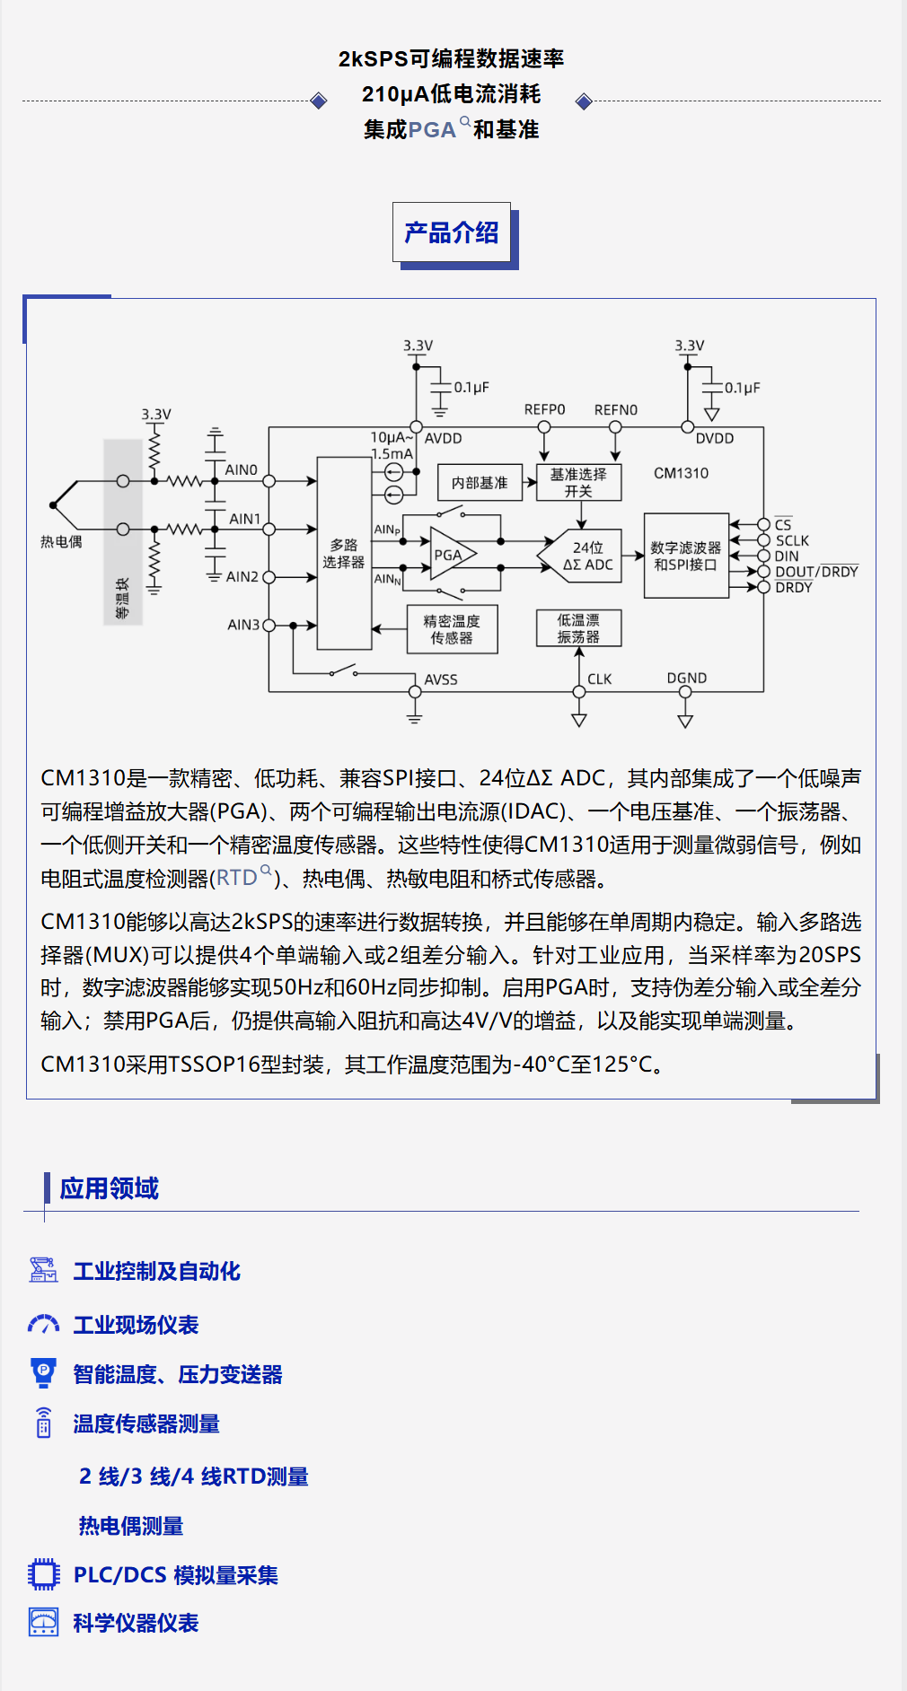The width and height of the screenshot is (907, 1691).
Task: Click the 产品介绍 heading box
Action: (x=452, y=233)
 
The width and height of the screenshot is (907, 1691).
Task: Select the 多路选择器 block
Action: (x=344, y=553)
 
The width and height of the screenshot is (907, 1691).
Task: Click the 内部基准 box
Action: (x=480, y=483)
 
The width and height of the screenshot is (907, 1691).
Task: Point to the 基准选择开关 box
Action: (x=578, y=483)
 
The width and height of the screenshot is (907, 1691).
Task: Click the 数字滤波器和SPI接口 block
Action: (x=686, y=556)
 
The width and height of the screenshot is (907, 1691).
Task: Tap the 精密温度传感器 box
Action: (x=452, y=629)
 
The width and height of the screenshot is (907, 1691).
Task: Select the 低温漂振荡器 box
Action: (x=578, y=628)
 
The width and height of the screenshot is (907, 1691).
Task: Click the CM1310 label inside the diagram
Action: (x=681, y=473)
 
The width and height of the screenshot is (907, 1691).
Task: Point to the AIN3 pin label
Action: (x=243, y=625)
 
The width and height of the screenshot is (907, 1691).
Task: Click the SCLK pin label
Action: (x=792, y=540)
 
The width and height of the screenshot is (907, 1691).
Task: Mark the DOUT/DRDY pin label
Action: (x=816, y=572)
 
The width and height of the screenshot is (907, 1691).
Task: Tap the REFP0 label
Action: (x=544, y=409)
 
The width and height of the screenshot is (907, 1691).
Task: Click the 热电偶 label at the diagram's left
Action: (x=61, y=542)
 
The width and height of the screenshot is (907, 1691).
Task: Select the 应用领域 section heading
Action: (x=109, y=1188)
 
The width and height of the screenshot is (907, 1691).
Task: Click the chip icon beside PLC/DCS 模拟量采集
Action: (x=43, y=1574)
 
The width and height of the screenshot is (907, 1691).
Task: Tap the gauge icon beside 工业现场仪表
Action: (x=43, y=1325)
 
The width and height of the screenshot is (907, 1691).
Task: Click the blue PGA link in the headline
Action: (x=432, y=130)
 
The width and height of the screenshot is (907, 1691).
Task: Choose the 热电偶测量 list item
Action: (x=131, y=1526)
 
